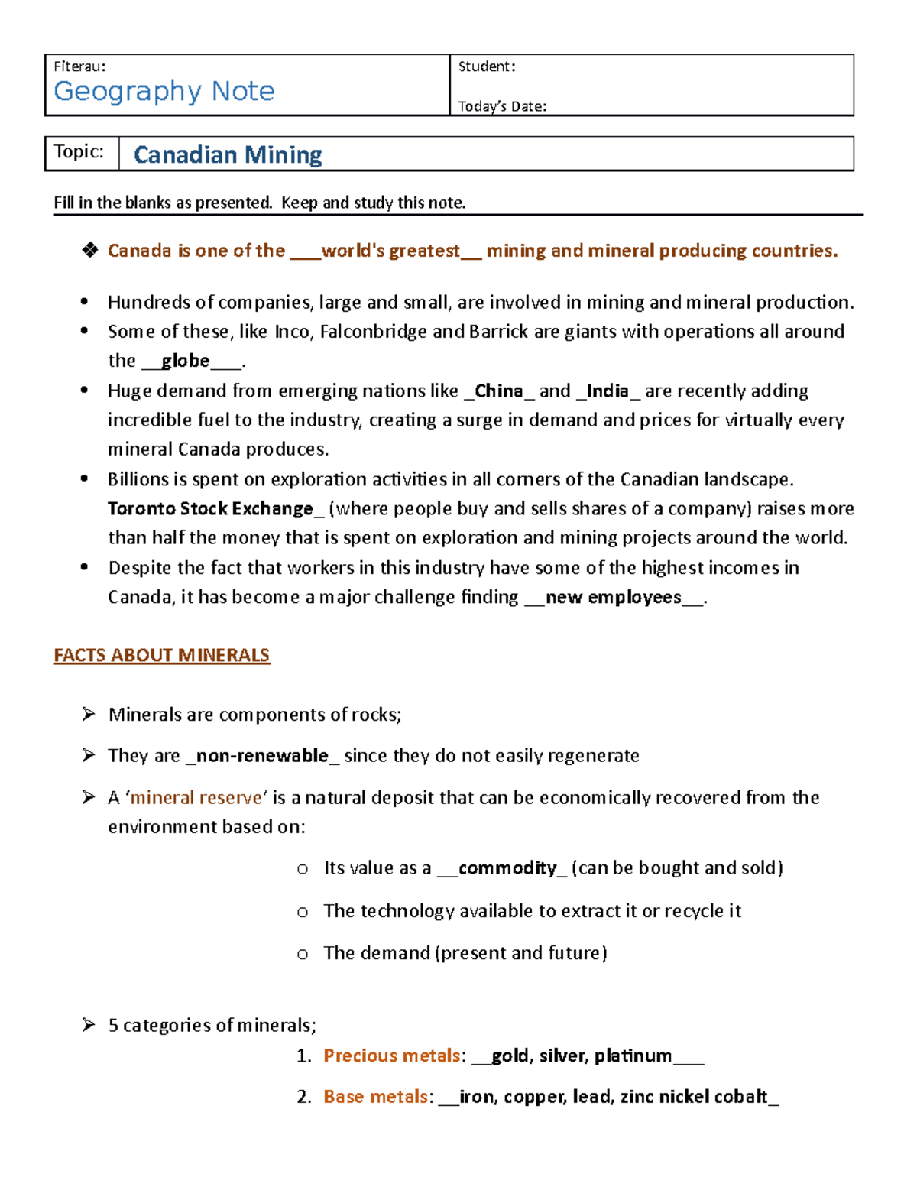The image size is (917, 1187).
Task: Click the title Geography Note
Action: pyautogui.click(x=164, y=91)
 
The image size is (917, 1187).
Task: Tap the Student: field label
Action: pyautogui.click(x=487, y=66)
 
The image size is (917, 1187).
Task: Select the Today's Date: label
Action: pyautogui.click(x=502, y=106)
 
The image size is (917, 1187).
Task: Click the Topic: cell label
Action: pyautogui.click(x=79, y=151)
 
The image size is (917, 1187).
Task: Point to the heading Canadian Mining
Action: pyautogui.click(x=228, y=154)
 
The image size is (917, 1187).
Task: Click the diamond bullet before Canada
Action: pyautogui.click(x=90, y=250)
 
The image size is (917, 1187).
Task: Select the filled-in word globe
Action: pyautogui.click(x=186, y=360)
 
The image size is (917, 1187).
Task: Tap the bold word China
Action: pyautogui.click(x=499, y=391)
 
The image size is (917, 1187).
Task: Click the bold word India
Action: pyautogui.click(x=608, y=391)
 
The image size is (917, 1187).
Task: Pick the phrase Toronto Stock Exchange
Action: pyautogui.click(x=211, y=508)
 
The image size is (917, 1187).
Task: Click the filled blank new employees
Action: pyautogui.click(x=614, y=597)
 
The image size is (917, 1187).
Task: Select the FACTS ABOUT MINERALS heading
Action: pyautogui.click(x=162, y=655)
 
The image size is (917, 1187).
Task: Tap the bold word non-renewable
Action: pyautogui.click(x=262, y=755)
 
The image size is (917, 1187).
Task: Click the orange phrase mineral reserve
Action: pyautogui.click(x=196, y=797)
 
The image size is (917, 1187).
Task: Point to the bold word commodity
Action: pyautogui.click(x=507, y=868)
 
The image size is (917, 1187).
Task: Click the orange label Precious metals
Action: pyautogui.click(x=391, y=1056)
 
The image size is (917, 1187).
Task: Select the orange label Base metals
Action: pyautogui.click(x=375, y=1097)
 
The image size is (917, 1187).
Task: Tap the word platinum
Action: pyautogui.click(x=633, y=1056)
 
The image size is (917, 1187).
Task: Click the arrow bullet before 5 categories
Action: pyautogui.click(x=89, y=1024)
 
